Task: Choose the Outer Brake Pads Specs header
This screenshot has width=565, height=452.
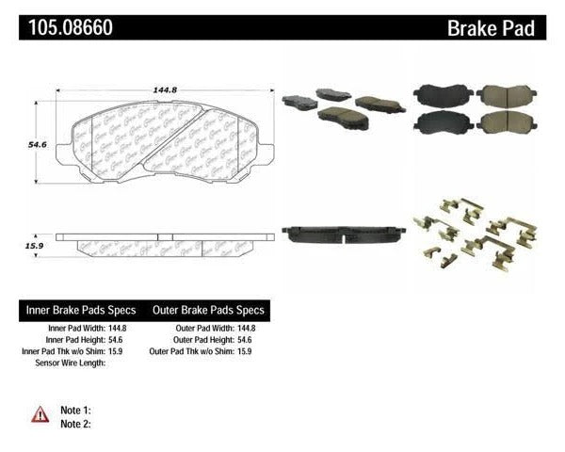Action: (x=207, y=310)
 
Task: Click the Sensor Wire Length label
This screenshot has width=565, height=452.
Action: (x=71, y=363)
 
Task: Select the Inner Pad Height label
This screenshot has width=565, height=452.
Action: (x=75, y=339)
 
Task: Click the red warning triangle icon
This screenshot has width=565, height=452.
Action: (x=40, y=413)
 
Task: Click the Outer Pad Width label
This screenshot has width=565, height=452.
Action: (x=202, y=327)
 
